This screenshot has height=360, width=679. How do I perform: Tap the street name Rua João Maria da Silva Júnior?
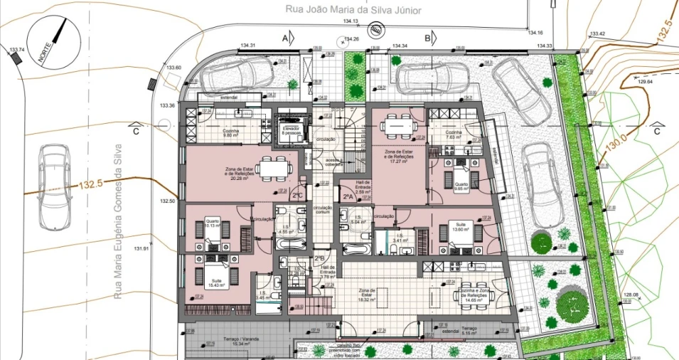(x=343, y=10)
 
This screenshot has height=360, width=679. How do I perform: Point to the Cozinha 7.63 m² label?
(x=454, y=134)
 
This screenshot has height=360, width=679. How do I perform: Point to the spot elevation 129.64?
(x=645, y=82)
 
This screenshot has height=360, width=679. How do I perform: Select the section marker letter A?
(x=286, y=37)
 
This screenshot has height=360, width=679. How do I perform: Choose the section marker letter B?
(x=428, y=37)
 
